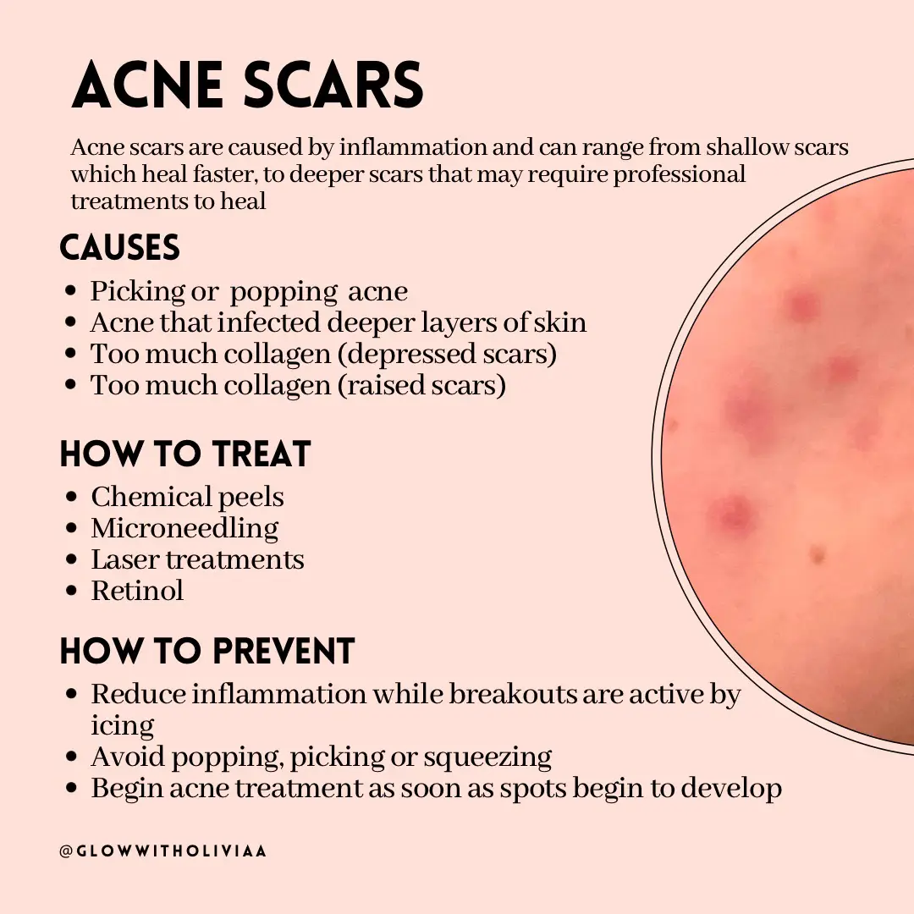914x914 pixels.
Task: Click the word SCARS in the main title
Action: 338,86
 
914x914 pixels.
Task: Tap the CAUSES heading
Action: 120,248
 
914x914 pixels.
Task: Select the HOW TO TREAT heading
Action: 185,454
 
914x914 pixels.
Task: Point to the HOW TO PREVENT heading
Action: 207,652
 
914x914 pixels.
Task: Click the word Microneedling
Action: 184,528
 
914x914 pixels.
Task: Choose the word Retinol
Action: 137,590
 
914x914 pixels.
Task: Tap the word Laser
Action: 124,559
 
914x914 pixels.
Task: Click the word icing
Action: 123,726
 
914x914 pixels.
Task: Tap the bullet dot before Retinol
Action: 72,591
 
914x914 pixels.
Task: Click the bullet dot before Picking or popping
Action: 72,292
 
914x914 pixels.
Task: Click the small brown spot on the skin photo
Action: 817,555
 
